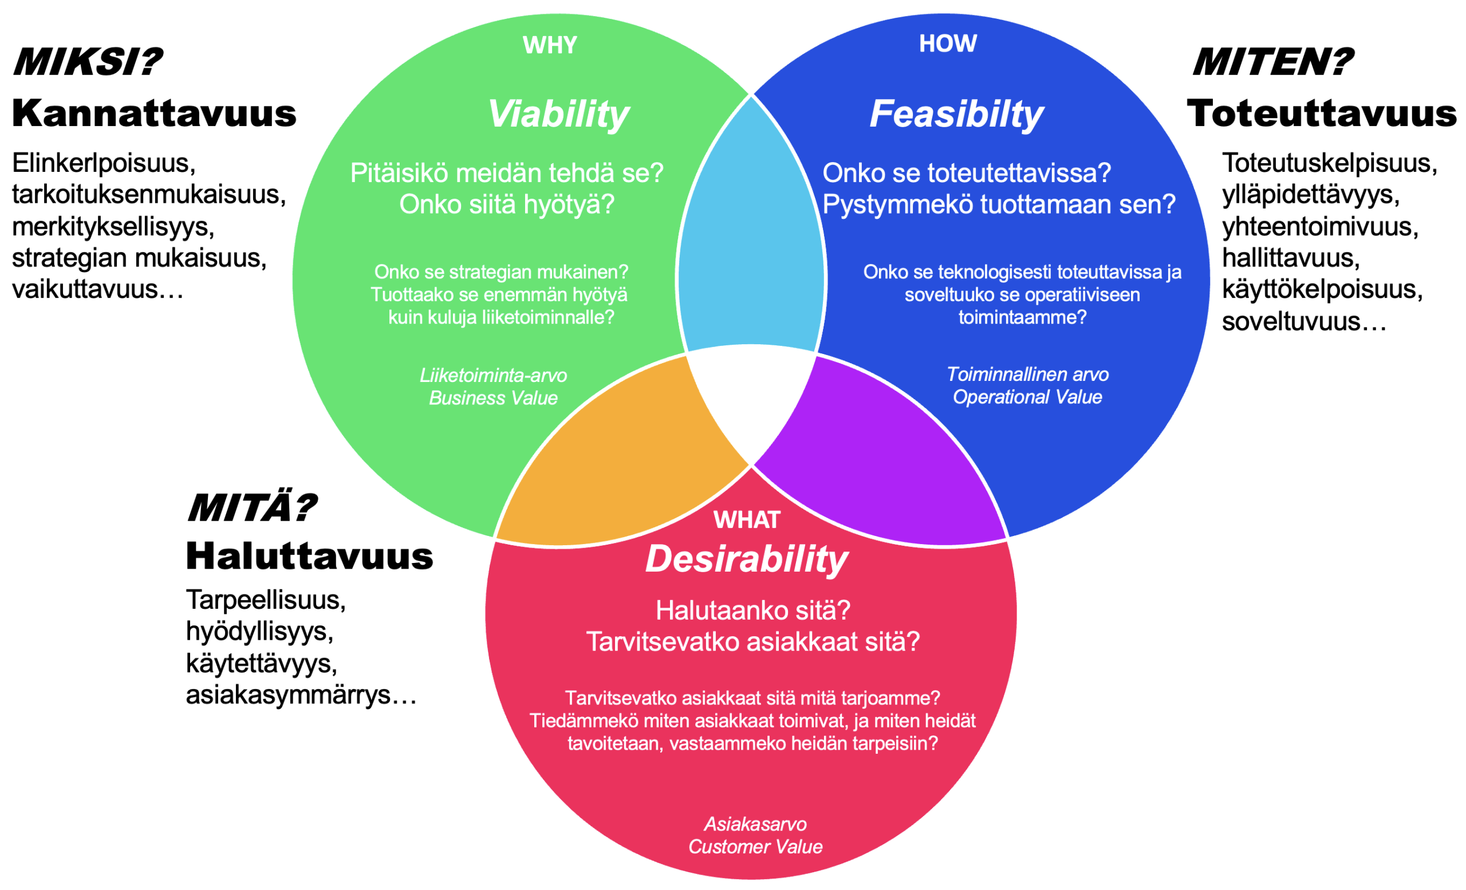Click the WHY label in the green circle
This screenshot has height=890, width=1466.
[x=550, y=45]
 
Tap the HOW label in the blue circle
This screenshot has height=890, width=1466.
[x=948, y=44]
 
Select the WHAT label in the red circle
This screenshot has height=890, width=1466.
[x=747, y=520]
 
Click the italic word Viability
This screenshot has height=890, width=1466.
[x=559, y=114]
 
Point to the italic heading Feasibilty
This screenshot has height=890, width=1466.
[x=957, y=114]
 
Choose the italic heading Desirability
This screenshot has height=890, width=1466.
[x=747, y=560]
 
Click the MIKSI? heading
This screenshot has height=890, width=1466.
[x=88, y=62]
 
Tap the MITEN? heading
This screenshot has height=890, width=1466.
[x=1273, y=62]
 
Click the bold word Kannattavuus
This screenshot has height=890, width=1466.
[x=154, y=113]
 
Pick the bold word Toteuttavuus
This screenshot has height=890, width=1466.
[x=1322, y=113]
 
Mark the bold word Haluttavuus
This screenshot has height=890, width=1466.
[x=309, y=556]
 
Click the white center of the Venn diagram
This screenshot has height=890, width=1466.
[x=751, y=399]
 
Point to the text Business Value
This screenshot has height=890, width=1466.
[x=493, y=398]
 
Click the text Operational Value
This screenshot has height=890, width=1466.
[x=1027, y=397]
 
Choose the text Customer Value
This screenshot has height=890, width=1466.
[x=755, y=846]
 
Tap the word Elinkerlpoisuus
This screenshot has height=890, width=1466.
[x=104, y=163]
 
